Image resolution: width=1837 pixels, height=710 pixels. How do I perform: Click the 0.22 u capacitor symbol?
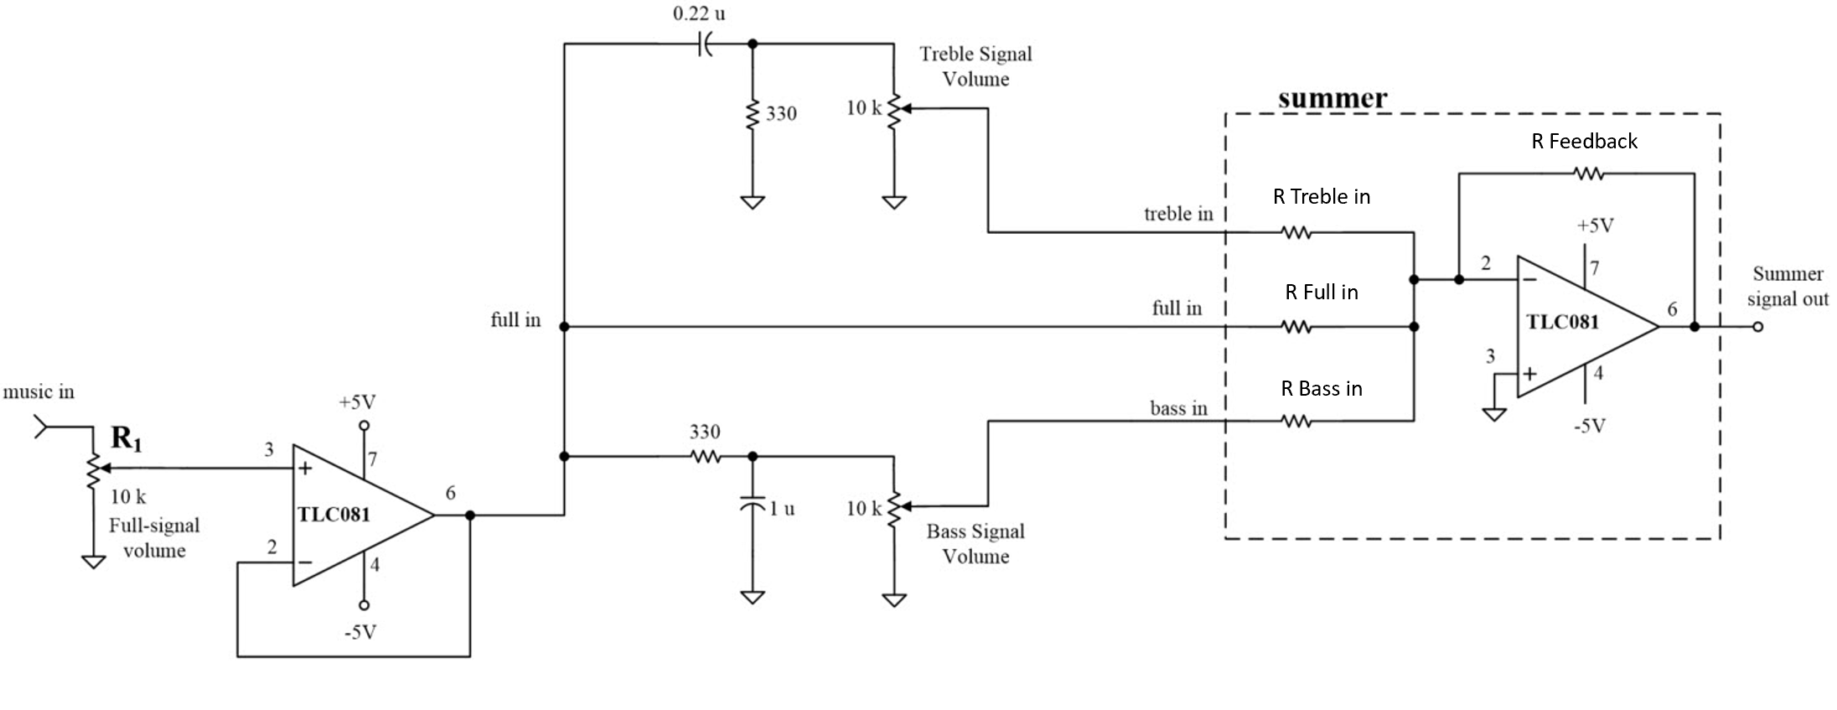[706, 44]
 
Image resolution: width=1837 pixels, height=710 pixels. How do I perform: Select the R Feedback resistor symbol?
[1588, 174]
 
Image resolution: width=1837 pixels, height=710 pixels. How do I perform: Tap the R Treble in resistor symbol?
[1296, 232]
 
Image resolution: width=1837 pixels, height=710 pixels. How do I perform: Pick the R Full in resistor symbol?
[1296, 327]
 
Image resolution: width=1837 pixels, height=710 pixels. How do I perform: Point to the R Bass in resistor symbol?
[1296, 421]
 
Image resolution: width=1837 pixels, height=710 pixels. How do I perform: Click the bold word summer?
[1332, 98]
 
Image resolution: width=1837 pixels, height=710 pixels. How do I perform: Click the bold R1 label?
[126, 438]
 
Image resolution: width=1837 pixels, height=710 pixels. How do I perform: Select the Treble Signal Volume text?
[975, 66]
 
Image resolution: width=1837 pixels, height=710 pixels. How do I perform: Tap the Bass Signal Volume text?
[975, 543]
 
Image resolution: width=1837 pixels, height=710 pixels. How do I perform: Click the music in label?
[39, 391]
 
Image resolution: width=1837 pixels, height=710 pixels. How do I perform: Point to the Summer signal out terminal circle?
[1757, 327]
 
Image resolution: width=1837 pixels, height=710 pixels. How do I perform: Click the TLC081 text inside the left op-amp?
[334, 514]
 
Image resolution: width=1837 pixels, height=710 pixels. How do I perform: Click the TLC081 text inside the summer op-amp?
[1562, 322]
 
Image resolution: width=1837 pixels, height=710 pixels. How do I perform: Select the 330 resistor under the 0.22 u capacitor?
[753, 113]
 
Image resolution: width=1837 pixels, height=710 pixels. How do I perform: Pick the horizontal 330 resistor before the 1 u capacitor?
[706, 457]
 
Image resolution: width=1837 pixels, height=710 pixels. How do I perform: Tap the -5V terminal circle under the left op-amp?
[364, 605]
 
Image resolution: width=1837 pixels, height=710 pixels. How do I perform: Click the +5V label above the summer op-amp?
[1595, 225]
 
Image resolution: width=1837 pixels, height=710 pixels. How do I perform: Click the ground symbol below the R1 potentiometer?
[93, 562]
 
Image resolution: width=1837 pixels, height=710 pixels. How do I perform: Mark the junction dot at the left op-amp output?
[470, 516]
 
